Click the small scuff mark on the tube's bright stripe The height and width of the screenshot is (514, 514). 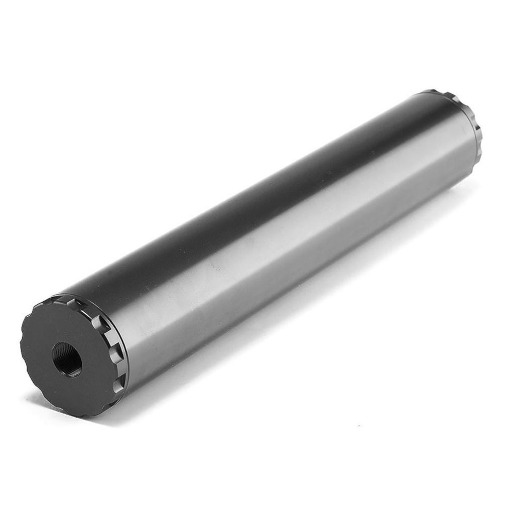click(216, 269)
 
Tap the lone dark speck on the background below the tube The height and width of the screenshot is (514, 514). click(358, 426)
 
